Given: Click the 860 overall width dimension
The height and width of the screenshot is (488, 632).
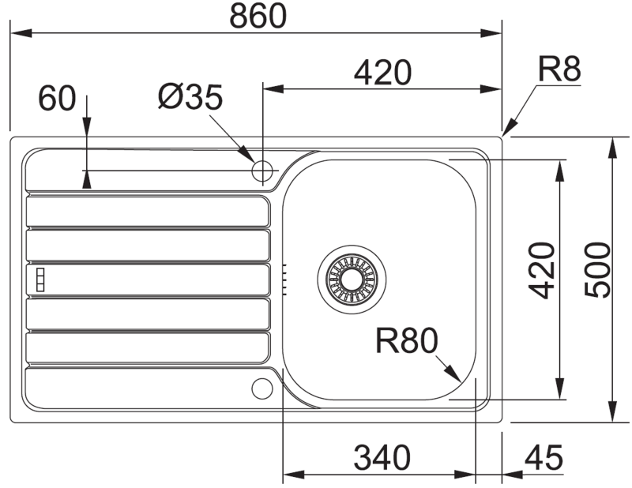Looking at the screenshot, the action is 258,16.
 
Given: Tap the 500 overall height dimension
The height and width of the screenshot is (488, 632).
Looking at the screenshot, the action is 598,270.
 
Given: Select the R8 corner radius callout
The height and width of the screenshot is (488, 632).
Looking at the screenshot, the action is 559,69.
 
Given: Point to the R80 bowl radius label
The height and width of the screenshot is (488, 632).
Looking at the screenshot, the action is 406,341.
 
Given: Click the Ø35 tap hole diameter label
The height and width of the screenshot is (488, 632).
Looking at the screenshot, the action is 190,96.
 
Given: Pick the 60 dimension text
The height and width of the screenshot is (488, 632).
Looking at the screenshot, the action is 57,98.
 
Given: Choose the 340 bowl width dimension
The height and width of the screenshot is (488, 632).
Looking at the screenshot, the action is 382,458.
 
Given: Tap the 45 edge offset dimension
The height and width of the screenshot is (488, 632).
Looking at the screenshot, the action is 544,458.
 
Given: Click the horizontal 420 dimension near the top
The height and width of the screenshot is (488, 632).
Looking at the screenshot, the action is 382,73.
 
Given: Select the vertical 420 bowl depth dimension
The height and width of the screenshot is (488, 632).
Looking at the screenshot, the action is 542,270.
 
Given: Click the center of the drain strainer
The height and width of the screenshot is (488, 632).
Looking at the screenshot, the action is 352,279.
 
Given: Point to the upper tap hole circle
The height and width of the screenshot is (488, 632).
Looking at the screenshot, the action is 262,171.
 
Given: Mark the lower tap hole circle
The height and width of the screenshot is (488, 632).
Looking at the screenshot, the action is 262,389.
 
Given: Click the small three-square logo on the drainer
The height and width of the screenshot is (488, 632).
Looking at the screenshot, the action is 40,280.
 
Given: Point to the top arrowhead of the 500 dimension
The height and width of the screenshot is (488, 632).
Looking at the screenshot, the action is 613,148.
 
